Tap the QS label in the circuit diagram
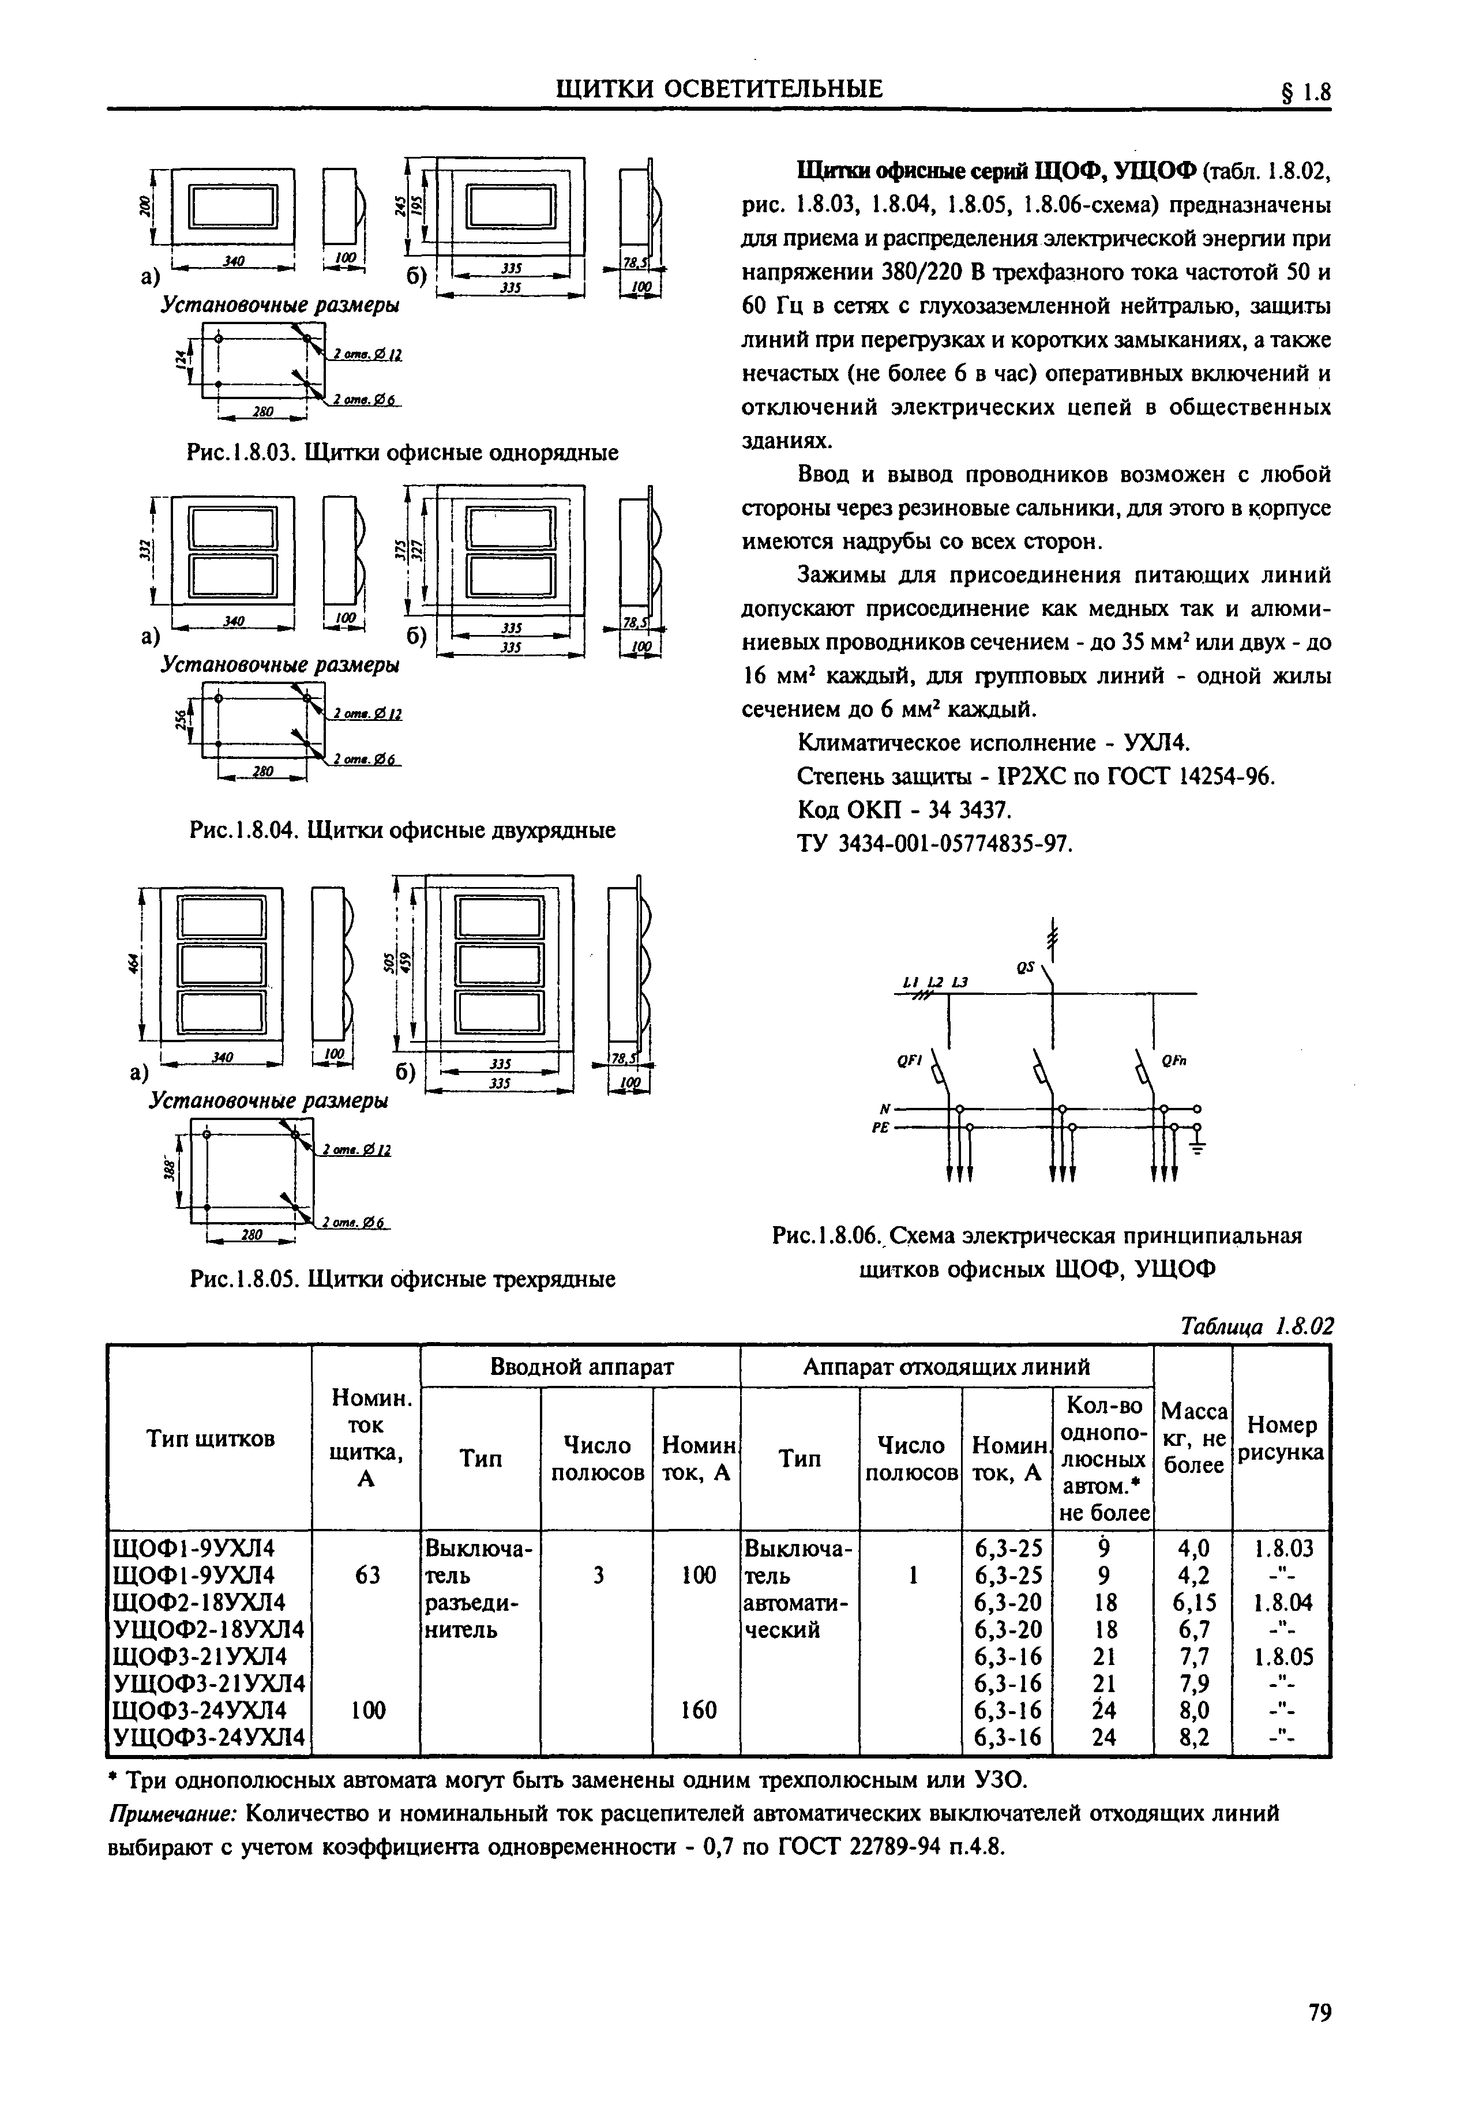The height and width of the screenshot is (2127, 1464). (x=1024, y=968)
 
